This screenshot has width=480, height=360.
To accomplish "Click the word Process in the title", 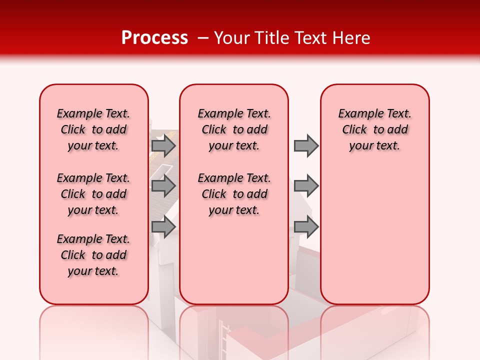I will (x=154, y=38).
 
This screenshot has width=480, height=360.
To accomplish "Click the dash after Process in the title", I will (x=202, y=38).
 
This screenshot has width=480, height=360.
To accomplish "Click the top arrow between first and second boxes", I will (x=163, y=146).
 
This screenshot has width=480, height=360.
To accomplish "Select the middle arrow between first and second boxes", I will (x=163, y=186).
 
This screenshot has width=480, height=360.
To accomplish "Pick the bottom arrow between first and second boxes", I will (x=163, y=227).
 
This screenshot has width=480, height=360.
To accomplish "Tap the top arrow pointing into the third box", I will (x=306, y=146).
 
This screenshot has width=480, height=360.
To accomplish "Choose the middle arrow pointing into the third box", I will (x=306, y=186).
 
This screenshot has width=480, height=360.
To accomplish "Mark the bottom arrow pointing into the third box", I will (x=306, y=227).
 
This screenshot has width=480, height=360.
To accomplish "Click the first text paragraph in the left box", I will (x=93, y=129).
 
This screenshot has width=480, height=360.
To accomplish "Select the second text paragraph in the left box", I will (x=93, y=194).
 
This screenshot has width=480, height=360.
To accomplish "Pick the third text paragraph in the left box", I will (x=93, y=255).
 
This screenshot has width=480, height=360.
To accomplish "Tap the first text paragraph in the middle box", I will (x=234, y=129).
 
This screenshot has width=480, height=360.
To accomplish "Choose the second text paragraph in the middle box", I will (x=234, y=194).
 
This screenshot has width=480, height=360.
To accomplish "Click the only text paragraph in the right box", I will (x=375, y=129).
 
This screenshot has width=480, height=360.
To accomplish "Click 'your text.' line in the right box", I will (x=375, y=145).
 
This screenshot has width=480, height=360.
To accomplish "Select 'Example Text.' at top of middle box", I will (x=234, y=113).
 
